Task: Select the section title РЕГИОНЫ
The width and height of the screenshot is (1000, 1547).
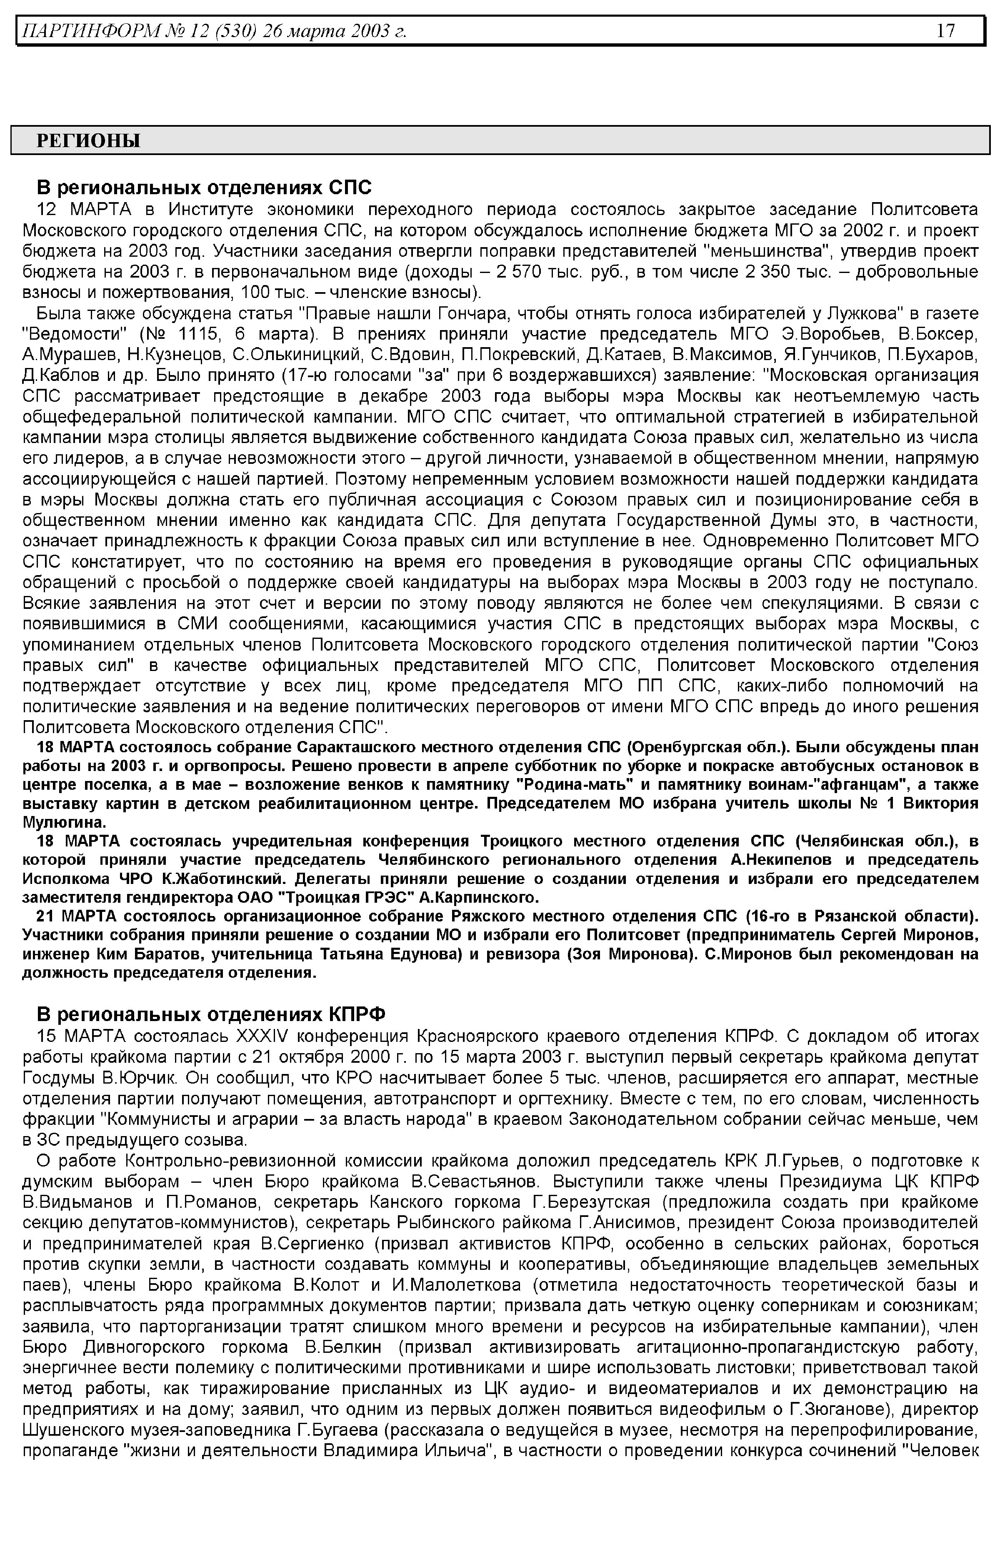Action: [88, 141]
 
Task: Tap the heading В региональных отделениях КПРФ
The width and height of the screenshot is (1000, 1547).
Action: [210, 1014]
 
